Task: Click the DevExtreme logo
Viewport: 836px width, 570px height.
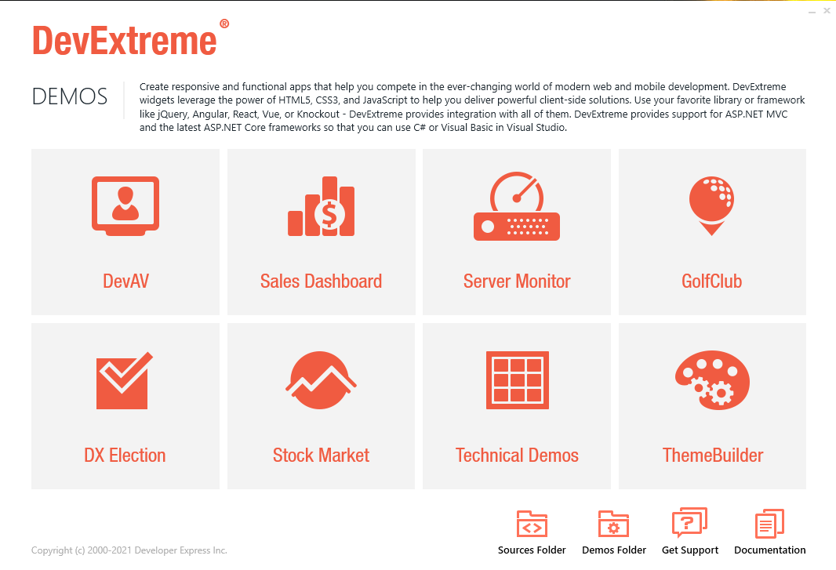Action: pos(125,41)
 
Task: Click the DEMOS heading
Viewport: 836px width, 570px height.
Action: pos(69,96)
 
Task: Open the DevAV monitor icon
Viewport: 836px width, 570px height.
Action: pos(125,206)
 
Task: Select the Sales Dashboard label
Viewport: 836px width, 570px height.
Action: pos(321,281)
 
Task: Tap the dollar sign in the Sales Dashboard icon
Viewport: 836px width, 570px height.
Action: pos(329,214)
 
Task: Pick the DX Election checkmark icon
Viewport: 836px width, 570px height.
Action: pos(125,381)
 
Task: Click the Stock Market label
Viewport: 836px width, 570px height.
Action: pos(321,456)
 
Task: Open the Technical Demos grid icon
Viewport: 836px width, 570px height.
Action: pos(517,380)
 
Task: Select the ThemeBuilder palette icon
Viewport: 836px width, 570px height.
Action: pos(712,380)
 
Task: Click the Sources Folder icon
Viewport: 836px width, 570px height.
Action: pos(532,524)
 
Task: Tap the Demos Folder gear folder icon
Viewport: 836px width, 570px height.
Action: pos(613,524)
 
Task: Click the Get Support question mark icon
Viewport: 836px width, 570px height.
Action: pos(689,522)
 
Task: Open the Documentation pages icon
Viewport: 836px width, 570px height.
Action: pos(769,524)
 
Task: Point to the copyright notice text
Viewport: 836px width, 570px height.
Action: pos(129,550)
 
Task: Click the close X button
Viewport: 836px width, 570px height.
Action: pos(827,10)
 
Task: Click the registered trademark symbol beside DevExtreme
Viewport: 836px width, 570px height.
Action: pos(224,24)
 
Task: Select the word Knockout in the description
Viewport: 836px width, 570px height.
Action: pos(318,114)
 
